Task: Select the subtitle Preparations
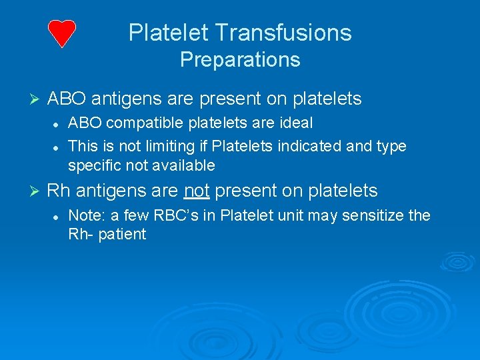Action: click(x=240, y=60)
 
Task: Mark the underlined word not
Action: click(x=197, y=191)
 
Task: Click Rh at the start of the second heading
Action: click(x=58, y=191)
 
